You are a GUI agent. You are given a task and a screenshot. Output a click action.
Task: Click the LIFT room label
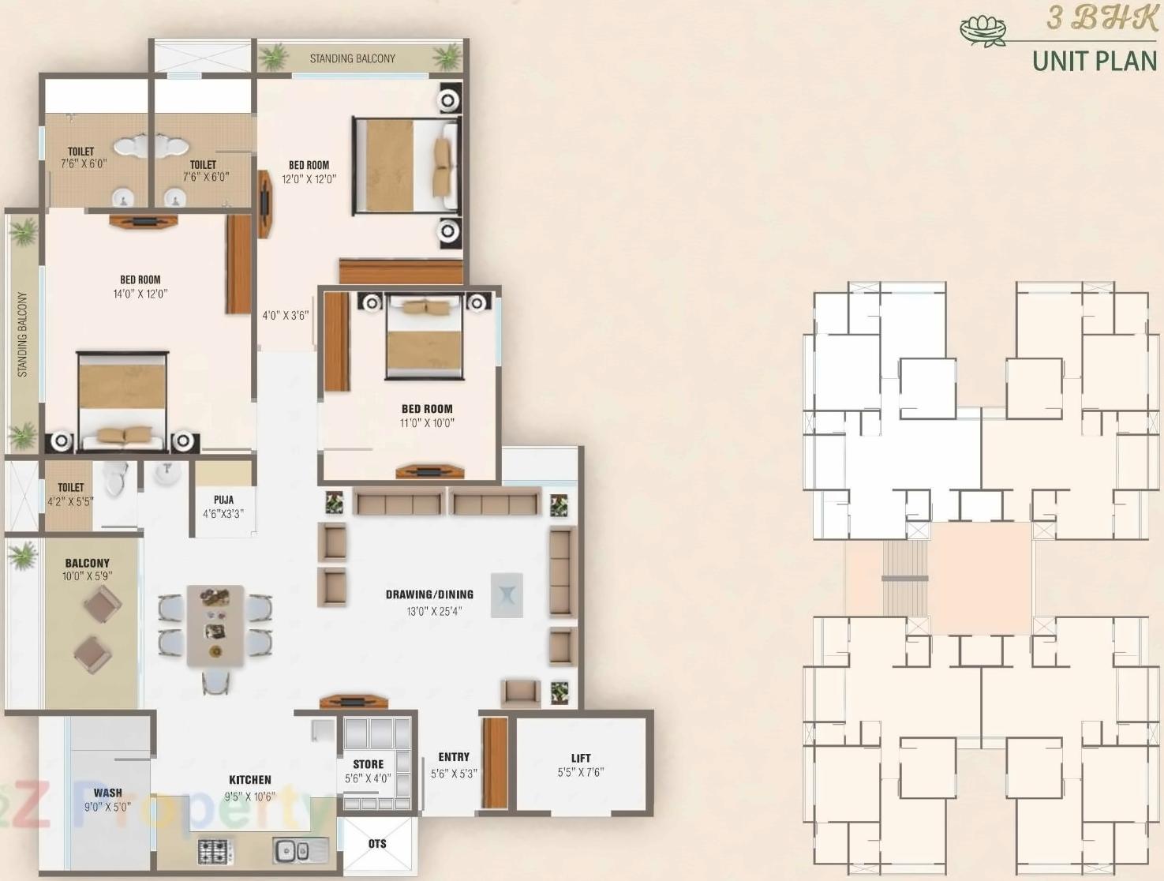tap(581, 758)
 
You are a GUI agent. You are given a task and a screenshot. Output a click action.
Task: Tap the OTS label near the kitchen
tap(377, 844)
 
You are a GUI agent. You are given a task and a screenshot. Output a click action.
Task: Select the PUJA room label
tap(223, 500)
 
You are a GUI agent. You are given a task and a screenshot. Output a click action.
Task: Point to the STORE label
tap(368, 764)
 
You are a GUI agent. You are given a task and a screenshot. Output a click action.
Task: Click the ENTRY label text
tap(454, 756)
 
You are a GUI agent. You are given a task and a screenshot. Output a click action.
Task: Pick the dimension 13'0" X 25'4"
tap(434, 611)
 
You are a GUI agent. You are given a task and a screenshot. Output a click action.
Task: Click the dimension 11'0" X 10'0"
tap(427, 423)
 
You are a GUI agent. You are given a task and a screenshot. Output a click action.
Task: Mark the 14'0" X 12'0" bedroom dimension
tap(140, 294)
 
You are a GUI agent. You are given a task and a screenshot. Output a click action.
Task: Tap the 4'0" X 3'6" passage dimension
tap(285, 316)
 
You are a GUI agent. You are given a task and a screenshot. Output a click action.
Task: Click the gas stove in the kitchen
tap(215, 851)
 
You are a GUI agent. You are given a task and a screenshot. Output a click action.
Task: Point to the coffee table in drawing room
tap(507, 594)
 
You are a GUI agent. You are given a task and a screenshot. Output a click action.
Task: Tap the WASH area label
tap(108, 793)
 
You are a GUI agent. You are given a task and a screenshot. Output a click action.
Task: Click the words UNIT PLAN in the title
tap(1094, 61)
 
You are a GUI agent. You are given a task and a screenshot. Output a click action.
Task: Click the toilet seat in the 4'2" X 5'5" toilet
tap(117, 479)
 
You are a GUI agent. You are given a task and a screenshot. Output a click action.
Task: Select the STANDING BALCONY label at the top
tap(352, 58)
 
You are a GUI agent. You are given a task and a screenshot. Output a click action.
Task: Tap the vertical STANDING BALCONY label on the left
tap(22, 334)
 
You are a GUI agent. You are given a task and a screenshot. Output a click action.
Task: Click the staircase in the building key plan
tap(904, 579)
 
